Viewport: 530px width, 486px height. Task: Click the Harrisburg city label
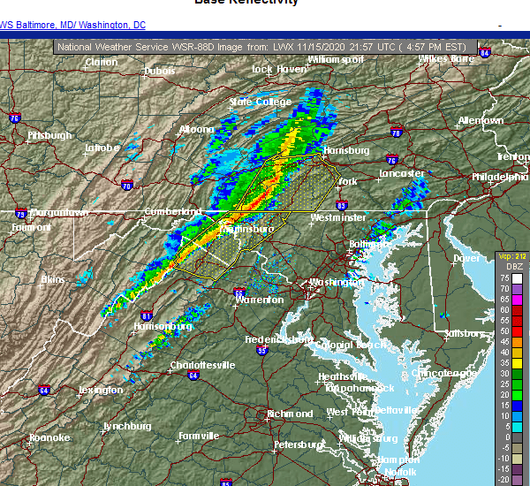pos(345,150)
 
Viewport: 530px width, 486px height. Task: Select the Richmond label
pos(291,414)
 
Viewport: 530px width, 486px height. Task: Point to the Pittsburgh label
pos(49,135)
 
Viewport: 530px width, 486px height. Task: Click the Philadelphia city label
pos(500,177)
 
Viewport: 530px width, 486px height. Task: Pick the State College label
pos(261,102)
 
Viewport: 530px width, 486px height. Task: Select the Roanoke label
pos(49,437)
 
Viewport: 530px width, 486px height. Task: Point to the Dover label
pos(466,258)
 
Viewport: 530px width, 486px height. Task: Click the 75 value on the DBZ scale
pos(503,277)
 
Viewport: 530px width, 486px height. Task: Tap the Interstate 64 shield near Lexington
pos(44,389)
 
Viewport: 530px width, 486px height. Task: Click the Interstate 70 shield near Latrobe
pos(126,186)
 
